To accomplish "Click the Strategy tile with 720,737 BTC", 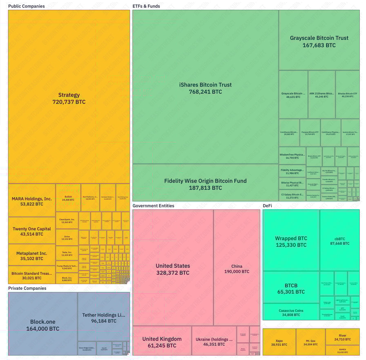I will [69, 98].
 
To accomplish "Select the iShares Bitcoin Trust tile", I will [205, 88].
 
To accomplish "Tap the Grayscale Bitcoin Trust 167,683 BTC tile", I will [319, 41].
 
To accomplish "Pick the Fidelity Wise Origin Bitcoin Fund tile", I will [205, 184].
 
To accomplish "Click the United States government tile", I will [173, 269].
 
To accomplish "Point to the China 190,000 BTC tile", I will [237, 269].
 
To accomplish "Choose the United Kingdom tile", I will [162, 342].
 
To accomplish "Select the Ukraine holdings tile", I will [214, 342].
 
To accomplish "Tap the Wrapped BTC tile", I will [291, 242].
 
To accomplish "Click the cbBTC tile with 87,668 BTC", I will [339, 241].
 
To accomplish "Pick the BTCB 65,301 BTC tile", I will [291, 289].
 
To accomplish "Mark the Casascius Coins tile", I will [291, 312].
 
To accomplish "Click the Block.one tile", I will [42, 325].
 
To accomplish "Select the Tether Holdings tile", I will [104, 318].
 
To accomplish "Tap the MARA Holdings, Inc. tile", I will [32, 201].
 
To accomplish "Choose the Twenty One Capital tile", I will [32, 231].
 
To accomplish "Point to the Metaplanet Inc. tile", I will [32, 256].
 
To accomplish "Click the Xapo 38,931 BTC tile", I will [279, 342].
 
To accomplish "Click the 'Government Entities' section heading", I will [153, 206].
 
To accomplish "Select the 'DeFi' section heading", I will [267, 206].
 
